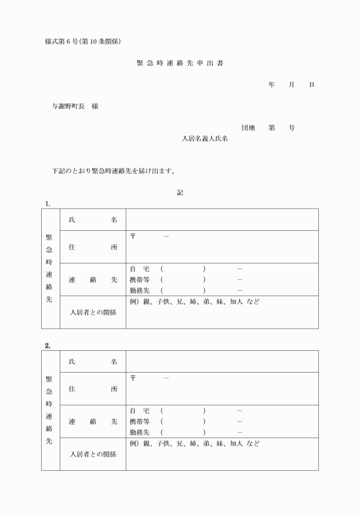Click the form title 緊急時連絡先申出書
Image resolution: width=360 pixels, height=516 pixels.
[x=179, y=63]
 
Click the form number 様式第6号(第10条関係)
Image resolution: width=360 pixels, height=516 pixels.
[x=82, y=41]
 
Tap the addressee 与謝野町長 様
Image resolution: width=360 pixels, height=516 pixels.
[x=74, y=106]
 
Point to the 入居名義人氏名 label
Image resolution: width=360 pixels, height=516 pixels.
[x=205, y=138]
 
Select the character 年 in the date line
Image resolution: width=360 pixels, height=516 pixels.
[x=271, y=85]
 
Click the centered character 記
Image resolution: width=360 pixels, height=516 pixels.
[x=180, y=193]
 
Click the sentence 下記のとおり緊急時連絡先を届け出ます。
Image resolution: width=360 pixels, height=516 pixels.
[x=113, y=171]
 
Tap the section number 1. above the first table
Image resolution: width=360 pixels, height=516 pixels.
[x=48, y=203]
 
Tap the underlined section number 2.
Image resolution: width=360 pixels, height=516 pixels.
[x=48, y=345]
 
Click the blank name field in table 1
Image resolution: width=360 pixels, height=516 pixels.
[x=222, y=219]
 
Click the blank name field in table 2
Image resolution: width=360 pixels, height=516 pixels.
[x=222, y=361]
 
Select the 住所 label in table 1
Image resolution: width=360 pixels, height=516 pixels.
[x=93, y=247]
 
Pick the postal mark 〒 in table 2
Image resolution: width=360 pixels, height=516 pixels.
[x=133, y=378]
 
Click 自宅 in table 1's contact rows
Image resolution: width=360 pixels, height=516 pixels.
[x=139, y=269]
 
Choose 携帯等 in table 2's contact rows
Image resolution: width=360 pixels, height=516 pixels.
[x=139, y=421]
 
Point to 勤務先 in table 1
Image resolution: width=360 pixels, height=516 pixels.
[x=139, y=290]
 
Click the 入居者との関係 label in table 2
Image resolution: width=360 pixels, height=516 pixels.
[x=93, y=454]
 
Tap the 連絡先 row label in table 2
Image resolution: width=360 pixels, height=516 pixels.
[x=93, y=422]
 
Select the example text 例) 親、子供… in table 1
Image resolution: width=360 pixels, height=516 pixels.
[x=194, y=301]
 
